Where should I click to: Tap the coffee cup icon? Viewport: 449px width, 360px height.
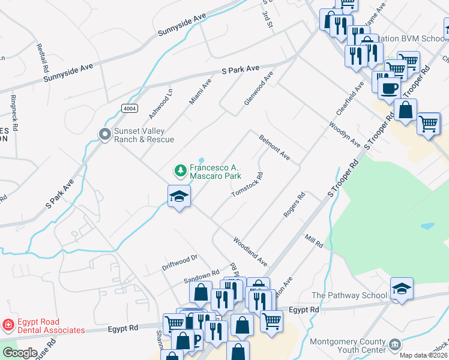[388, 88]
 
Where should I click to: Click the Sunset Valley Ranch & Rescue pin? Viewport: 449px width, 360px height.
[105, 134]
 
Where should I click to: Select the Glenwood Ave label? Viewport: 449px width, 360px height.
[258, 88]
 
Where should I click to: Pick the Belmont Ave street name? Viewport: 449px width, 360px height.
[274, 148]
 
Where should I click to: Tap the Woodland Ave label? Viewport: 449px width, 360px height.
[250, 251]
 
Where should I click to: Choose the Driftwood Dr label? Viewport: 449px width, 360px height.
[179, 262]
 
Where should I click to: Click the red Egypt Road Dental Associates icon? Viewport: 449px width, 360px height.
[8, 325]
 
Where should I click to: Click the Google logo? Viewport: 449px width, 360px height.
[19, 353]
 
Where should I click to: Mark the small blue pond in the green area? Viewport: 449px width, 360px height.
[427, 227]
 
